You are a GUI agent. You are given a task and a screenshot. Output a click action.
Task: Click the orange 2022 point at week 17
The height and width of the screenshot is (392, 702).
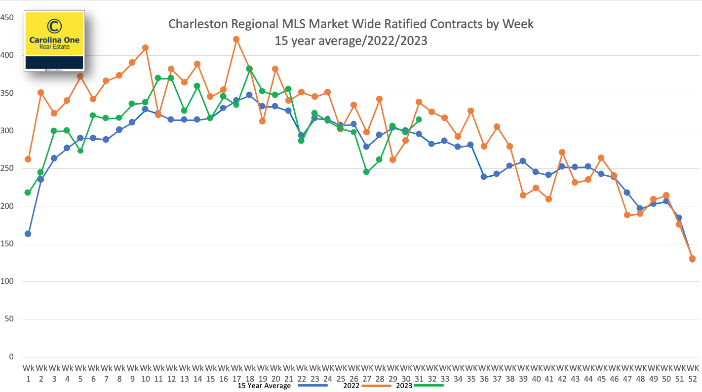[236, 39]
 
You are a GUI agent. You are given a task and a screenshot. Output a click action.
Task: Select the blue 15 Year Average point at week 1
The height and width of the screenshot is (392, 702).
[28, 234]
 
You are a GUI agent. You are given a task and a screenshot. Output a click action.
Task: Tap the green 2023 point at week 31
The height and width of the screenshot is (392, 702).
[419, 119]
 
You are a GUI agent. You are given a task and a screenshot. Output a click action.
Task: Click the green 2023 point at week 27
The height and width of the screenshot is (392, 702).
[366, 172]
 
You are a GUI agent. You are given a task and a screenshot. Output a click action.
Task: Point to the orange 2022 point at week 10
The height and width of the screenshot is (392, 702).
[145, 48]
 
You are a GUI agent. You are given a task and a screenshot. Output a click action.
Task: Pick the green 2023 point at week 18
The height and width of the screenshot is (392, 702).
[249, 69]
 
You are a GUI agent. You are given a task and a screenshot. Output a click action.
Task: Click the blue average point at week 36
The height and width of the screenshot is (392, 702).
[484, 177]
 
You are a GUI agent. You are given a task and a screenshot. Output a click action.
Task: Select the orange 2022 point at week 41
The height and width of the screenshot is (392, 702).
[548, 199]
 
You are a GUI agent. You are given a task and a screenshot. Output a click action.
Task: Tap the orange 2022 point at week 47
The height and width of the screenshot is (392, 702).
[627, 215]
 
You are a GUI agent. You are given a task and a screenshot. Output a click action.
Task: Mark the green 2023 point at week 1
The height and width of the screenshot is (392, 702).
[28, 193]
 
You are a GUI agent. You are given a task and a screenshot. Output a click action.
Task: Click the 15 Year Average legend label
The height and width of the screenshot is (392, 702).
[264, 386]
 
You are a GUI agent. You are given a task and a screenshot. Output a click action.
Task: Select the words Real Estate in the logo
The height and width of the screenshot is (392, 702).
[54, 47]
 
